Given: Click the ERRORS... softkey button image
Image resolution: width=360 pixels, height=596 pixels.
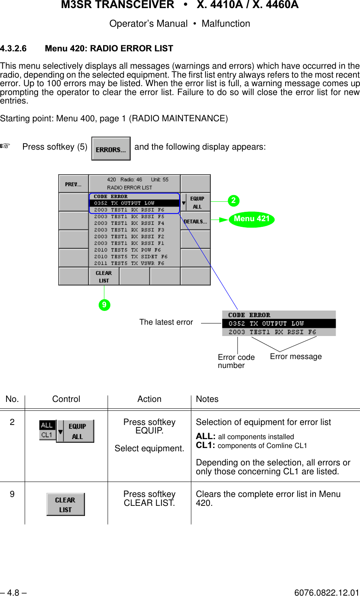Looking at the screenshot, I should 111,149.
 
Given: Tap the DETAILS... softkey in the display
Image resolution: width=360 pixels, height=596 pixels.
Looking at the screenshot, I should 195,222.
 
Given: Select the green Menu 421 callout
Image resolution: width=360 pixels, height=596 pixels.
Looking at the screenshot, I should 252,219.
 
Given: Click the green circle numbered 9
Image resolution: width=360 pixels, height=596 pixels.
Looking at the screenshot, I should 104,305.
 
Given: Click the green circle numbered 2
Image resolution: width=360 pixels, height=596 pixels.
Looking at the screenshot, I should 233,201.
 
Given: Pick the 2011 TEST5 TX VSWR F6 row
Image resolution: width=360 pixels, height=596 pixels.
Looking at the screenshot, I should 129,263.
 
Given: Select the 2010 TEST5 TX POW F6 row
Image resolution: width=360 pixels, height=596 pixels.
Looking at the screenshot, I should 127,250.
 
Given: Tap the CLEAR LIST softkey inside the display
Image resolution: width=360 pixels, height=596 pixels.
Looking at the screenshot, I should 104,277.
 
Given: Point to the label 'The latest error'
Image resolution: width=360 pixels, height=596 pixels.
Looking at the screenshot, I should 166,322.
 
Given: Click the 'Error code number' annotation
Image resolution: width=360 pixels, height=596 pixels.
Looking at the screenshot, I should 236,361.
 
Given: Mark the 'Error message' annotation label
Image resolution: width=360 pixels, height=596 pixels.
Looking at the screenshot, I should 296,357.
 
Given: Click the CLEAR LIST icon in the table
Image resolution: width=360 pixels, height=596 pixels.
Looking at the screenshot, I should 66,504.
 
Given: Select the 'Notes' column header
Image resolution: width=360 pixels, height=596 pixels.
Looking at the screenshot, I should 207,399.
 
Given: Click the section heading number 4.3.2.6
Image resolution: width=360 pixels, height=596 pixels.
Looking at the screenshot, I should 13,49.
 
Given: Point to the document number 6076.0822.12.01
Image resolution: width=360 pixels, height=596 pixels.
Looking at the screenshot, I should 326,593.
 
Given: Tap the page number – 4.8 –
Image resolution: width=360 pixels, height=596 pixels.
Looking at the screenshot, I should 13,593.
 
